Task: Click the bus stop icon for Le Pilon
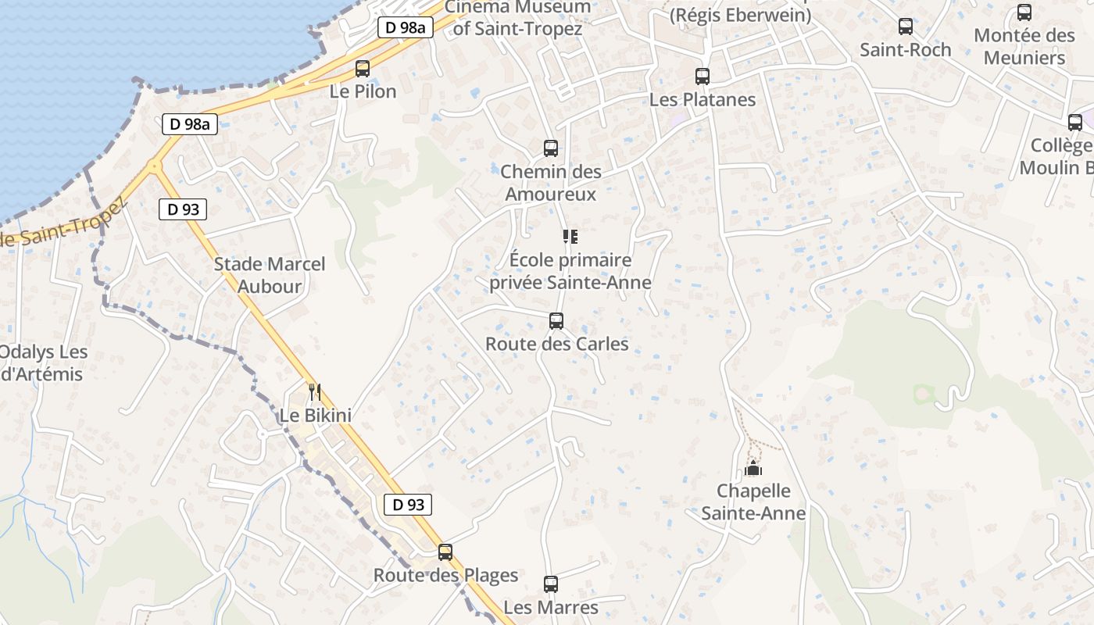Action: (363, 68)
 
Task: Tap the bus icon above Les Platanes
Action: (703, 76)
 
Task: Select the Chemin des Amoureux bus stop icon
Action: (551, 148)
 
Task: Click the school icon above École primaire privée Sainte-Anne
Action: (570, 236)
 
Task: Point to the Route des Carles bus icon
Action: (556, 320)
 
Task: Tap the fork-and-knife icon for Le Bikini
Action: (314, 391)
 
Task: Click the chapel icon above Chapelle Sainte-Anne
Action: (753, 468)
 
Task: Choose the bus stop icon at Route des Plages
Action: (445, 552)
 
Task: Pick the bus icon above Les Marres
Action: (551, 584)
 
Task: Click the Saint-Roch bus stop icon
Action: (906, 26)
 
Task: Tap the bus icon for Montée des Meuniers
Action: (1024, 12)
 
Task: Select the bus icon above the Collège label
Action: (1075, 122)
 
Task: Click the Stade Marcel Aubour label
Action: (270, 275)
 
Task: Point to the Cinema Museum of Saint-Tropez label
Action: (517, 18)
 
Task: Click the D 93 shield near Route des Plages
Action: (408, 505)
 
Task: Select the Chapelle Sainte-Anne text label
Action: (753, 502)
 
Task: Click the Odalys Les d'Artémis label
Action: (42, 362)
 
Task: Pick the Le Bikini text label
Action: (316, 416)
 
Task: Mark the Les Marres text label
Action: (551, 607)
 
